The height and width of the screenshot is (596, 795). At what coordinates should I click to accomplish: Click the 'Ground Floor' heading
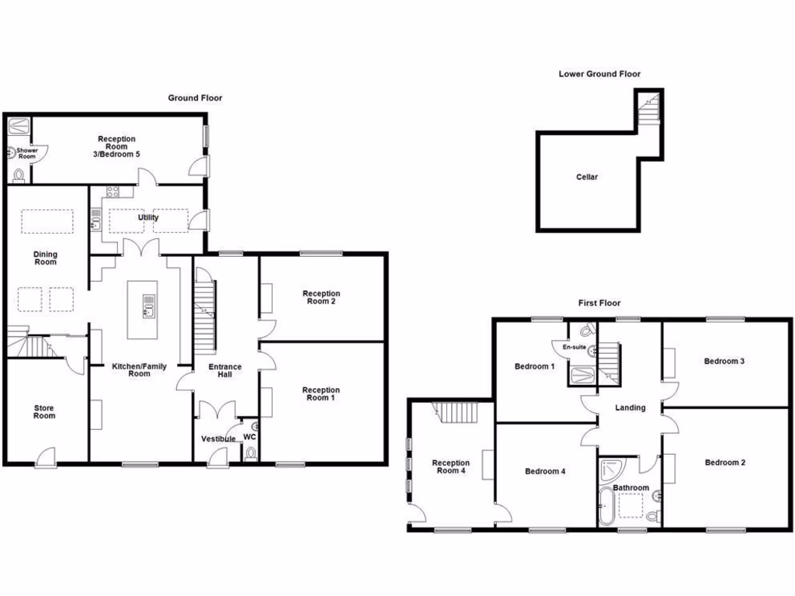[x=196, y=98]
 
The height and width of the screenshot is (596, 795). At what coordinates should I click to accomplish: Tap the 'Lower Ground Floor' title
[x=599, y=74]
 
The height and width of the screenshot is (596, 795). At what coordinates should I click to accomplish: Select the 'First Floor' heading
[x=599, y=303]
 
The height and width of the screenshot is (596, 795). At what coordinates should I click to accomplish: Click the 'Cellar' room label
[x=587, y=177]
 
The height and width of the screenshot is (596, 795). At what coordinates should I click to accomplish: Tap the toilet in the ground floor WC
[x=249, y=456]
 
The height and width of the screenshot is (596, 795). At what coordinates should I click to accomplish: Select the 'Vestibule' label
[x=218, y=438]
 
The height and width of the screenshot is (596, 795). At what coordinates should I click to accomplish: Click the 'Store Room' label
[x=44, y=411]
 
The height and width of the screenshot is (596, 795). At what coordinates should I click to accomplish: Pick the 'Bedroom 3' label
[x=724, y=361]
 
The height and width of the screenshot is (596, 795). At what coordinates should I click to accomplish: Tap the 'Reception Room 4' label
[x=451, y=467]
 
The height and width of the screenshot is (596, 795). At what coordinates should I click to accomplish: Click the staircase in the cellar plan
[x=648, y=108]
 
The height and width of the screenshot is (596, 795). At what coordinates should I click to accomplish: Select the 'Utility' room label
[x=148, y=217]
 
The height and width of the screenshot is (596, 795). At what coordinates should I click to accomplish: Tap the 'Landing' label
[x=630, y=407]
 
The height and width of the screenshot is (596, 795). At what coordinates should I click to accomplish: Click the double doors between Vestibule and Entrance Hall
[x=217, y=409]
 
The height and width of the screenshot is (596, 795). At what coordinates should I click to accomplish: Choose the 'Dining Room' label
[x=45, y=258]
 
